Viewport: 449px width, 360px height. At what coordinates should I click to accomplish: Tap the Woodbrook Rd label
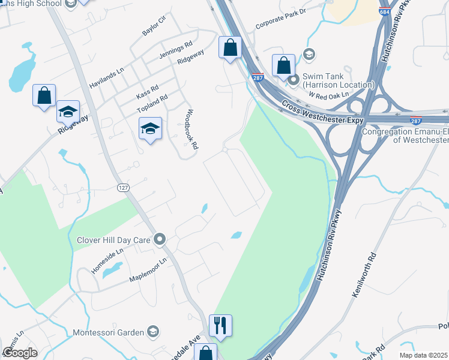point(191,129)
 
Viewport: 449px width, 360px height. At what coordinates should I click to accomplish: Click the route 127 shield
point(123,188)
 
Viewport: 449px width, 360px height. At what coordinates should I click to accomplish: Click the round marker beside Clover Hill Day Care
point(160,240)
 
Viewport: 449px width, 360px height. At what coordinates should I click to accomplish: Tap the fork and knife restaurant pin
point(220,325)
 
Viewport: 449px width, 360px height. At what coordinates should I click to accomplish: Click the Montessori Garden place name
point(108,332)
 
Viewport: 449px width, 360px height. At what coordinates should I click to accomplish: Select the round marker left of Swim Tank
point(294,79)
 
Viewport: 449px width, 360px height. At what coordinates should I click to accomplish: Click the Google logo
point(20,353)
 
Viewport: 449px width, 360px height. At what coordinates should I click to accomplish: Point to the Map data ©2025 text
point(424,355)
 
